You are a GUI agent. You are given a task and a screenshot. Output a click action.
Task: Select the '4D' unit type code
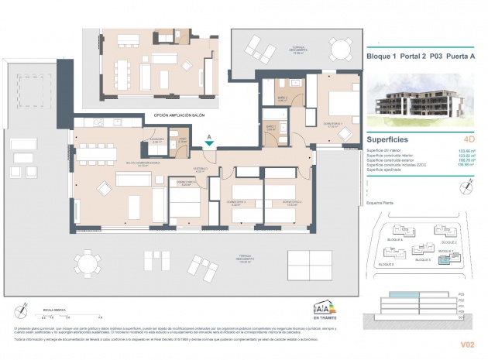[x=468, y=140]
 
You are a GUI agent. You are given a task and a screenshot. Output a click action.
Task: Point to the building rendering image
[x=423, y=101]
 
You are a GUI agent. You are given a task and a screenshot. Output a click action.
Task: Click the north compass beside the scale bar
[x=25, y=310]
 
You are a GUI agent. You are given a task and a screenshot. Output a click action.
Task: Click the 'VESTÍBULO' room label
[x=200, y=168]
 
